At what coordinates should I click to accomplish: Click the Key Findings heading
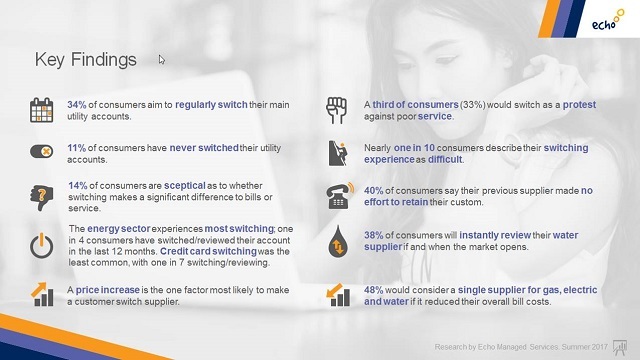coord(85,60)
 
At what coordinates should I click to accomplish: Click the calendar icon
coord(41,110)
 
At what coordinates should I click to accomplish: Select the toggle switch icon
coord(41,151)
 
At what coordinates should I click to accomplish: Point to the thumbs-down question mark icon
coord(42,198)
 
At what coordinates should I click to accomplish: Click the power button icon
coord(41,246)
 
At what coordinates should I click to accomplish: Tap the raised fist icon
coord(336,110)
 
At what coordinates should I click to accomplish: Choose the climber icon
coord(338,153)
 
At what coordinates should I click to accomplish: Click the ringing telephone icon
coord(340,196)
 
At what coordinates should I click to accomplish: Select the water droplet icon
coord(338,241)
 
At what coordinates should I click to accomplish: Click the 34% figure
coord(77,105)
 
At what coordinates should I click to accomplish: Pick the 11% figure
coord(77,148)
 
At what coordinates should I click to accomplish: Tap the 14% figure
coord(78,186)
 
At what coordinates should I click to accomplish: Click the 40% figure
coord(373,191)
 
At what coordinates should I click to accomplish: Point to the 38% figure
coord(373,236)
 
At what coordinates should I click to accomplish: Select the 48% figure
coord(373,290)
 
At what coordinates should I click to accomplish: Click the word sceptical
coord(184,186)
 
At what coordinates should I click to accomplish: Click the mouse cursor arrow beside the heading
coord(162,60)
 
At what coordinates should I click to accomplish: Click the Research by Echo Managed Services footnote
coord(521,347)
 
